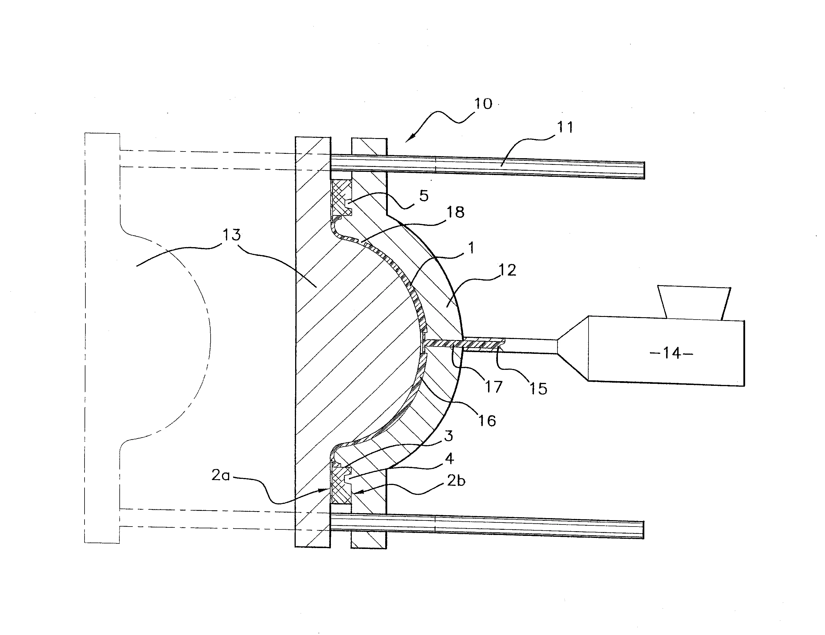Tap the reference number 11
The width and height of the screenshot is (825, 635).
(x=565, y=127)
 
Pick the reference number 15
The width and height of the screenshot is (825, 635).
(x=538, y=389)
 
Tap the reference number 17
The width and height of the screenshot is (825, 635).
(x=494, y=387)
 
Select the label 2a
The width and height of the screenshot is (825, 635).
(x=220, y=475)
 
